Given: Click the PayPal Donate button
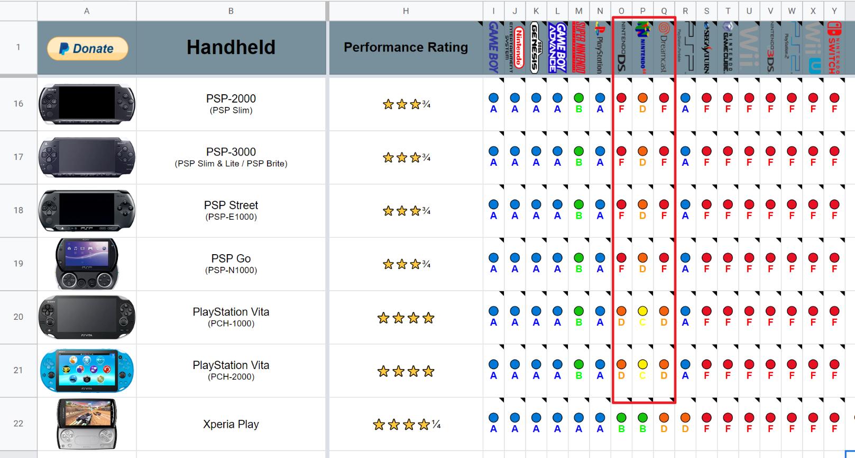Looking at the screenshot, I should coord(87,49).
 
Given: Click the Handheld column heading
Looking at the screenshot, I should coord(231,48).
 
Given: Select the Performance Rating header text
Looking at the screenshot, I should coord(406,48).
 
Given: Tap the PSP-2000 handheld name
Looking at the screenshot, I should coord(231,99).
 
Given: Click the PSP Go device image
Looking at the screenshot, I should coord(87,264).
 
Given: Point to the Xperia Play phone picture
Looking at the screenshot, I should coord(87,424).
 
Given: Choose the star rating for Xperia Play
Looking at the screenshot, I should coord(406,424).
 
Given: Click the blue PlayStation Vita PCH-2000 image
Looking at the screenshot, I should coord(87,370).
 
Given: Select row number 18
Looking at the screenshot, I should coord(19,210).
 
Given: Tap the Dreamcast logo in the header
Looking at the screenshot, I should coord(664,47).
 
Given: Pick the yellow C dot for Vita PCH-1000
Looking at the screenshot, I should coord(642,311).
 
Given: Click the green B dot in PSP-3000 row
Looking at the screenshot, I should coord(578,151).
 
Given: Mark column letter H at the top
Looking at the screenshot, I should coord(406,11).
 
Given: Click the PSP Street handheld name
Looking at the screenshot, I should coord(231,205).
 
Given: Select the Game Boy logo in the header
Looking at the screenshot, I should coord(493,48).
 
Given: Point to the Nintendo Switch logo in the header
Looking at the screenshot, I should coord(834,48).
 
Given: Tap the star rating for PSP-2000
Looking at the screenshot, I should coord(406,104).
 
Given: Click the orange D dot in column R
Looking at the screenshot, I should coord(685,418).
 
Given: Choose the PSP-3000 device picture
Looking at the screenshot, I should coord(87,157).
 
